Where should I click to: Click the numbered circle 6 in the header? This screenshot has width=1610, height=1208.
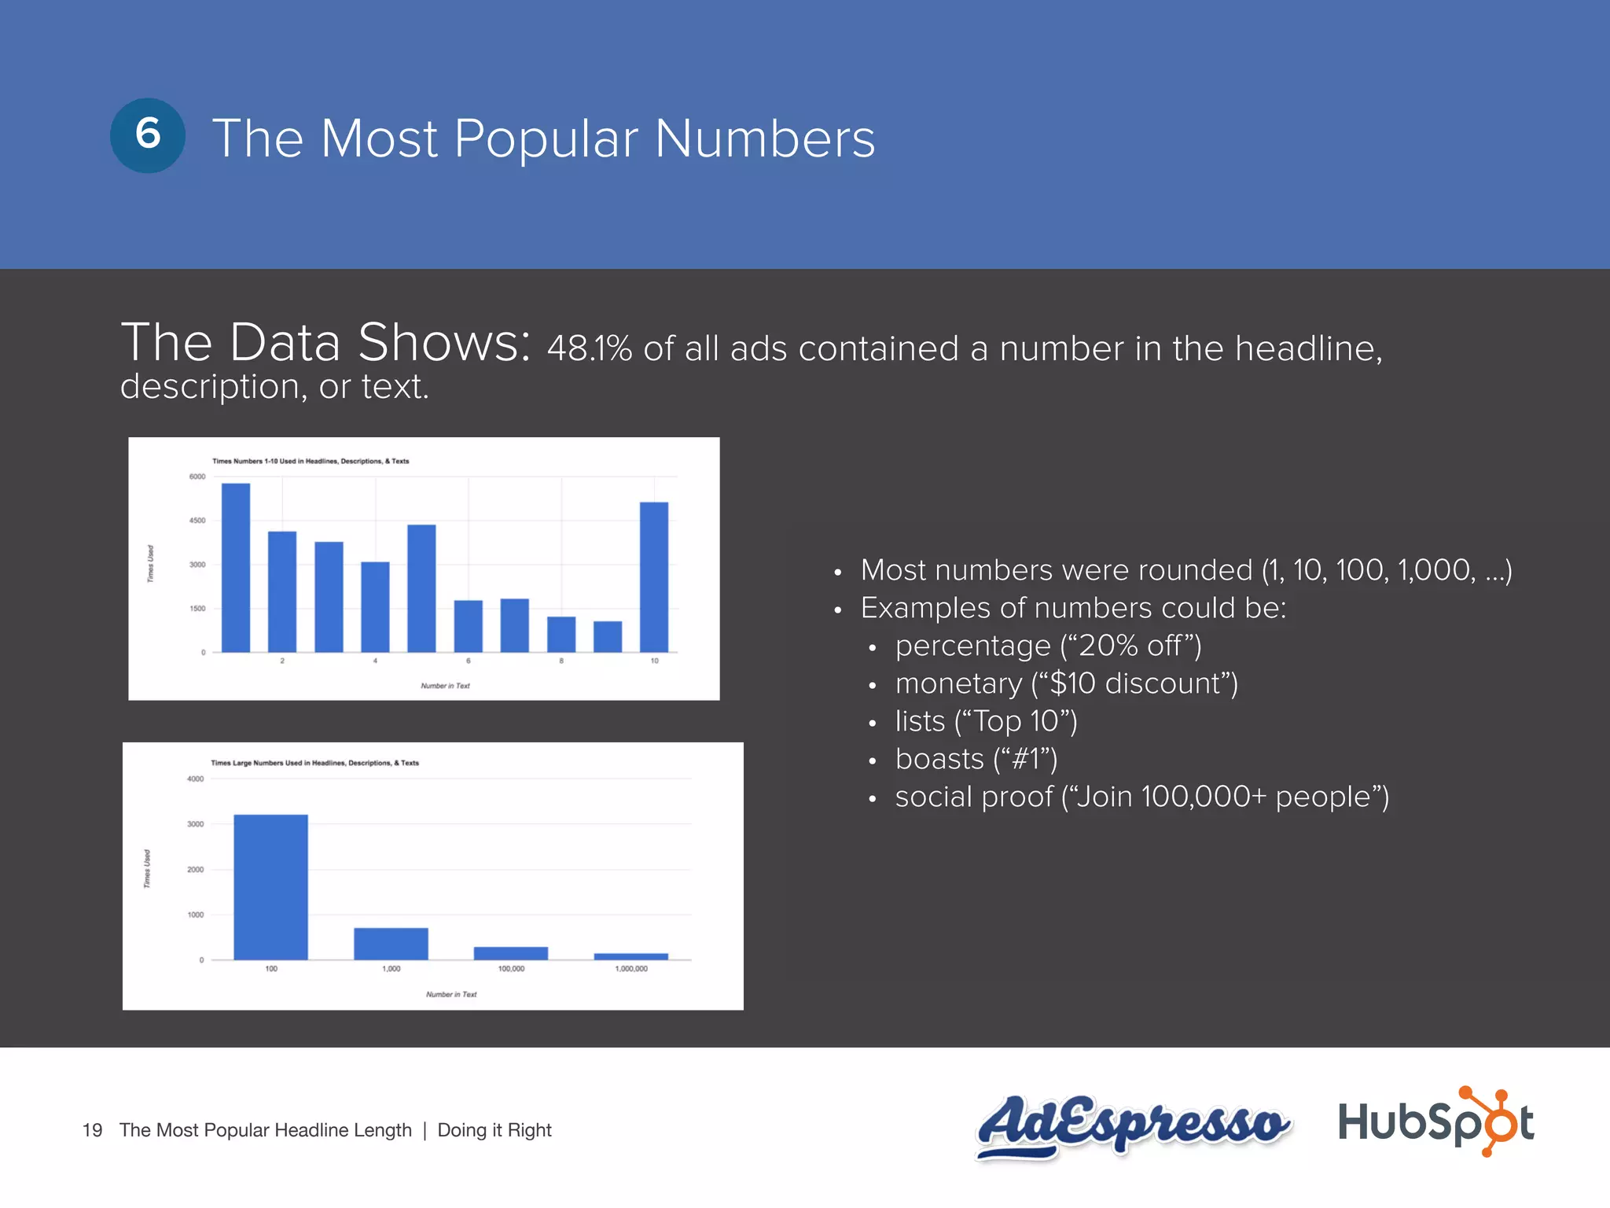tap(148, 135)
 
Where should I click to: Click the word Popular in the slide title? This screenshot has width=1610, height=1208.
tap(546, 140)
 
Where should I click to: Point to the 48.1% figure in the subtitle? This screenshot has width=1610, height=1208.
tap(589, 348)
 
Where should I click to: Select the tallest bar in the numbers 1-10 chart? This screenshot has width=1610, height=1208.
tap(236, 567)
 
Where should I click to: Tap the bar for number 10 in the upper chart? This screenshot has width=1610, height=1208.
tap(654, 576)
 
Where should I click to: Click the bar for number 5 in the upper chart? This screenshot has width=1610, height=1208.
tap(421, 587)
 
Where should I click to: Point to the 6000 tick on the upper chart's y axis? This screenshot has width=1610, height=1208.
tap(197, 477)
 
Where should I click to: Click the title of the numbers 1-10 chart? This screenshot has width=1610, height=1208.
tap(311, 461)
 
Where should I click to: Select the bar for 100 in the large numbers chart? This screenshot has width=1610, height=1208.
tap(270, 886)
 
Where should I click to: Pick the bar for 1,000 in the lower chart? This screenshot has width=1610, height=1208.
tap(391, 943)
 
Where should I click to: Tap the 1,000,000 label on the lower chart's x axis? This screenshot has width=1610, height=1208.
tap(631, 969)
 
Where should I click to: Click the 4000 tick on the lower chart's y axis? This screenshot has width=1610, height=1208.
tap(195, 779)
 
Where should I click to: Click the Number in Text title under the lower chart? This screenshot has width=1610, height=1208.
tap(451, 995)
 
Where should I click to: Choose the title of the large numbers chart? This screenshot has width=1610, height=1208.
tap(314, 763)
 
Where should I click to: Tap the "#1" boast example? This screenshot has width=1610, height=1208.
tap(1026, 759)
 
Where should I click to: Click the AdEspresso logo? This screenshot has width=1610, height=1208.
tap(1132, 1125)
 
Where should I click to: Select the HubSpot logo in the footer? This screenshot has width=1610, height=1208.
tap(1435, 1121)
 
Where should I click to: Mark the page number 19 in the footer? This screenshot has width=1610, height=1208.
tap(92, 1130)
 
